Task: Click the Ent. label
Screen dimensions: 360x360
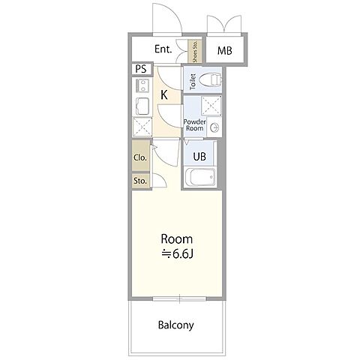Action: pyautogui.click(x=163, y=49)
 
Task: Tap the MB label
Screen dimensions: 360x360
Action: pyautogui.click(x=224, y=51)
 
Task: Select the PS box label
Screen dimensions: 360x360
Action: pyautogui.click(x=141, y=69)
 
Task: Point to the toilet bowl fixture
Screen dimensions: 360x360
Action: pyautogui.click(x=212, y=79)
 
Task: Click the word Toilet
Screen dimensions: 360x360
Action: pyautogui.click(x=193, y=82)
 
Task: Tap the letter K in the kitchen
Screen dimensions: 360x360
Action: pyautogui.click(x=164, y=95)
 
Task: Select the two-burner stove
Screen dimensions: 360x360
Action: pyautogui.click(x=142, y=85)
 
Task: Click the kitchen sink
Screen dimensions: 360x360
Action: pyautogui.click(x=142, y=106)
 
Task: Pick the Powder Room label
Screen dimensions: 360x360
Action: pyautogui.click(x=194, y=125)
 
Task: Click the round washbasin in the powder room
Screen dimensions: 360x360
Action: pyautogui.click(x=214, y=127)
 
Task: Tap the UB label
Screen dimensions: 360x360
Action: pyautogui.click(x=199, y=157)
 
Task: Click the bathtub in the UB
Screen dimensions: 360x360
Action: pyautogui.click(x=200, y=177)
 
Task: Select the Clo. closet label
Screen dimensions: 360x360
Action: pyautogui.click(x=140, y=157)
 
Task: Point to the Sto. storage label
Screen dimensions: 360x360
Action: pyautogui.click(x=140, y=181)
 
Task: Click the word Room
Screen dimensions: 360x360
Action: pyautogui.click(x=177, y=239)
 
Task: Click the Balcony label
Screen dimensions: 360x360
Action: pyautogui.click(x=176, y=325)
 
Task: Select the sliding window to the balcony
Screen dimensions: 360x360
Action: pyautogui.click(x=179, y=298)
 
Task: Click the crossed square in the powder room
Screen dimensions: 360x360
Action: pyautogui.click(x=211, y=106)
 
